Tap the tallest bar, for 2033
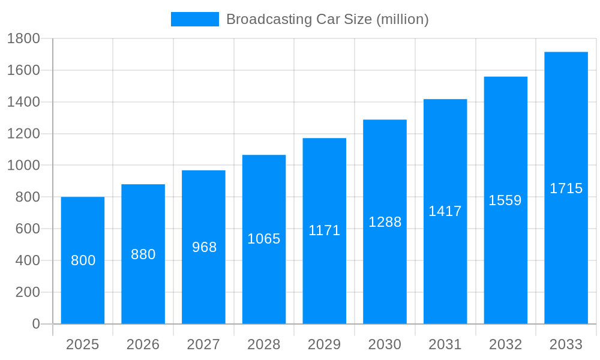pos(566,252)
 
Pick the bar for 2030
pos(385,270)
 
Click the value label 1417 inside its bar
pos(445,211)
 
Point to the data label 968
pos(204,247)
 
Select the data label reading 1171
pos(325,230)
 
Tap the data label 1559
pos(505,200)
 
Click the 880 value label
pos(143,254)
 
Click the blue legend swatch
pos(195,19)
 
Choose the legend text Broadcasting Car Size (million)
pos(327,19)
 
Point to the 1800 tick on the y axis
pos(23,39)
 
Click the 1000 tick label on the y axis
pos(23,166)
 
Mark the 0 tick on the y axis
pos(35,324)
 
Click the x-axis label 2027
pos(203,344)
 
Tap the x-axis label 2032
pos(505,344)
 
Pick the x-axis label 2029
pos(324,344)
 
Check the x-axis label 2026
pos(143,344)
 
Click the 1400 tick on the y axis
pos(23,102)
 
